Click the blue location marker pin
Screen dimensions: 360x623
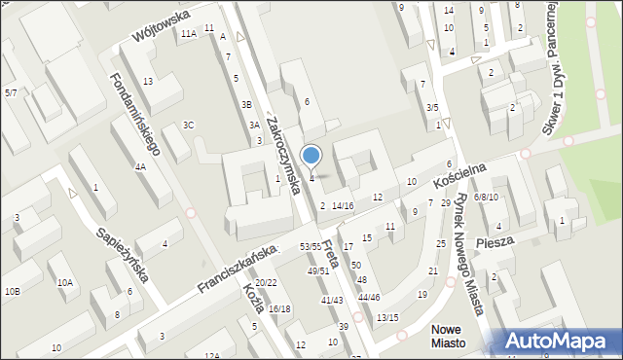point(311,156)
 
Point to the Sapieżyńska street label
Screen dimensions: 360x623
point(122,255)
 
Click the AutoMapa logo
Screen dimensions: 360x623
point(557,341)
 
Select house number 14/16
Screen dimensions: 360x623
point(342,205)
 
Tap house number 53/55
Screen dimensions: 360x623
point(311,247)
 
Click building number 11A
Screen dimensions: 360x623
point(188,33)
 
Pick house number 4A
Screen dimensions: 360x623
point(140,166)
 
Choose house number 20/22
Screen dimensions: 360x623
point(266,283)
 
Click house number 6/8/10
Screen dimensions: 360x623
point(486,197)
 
